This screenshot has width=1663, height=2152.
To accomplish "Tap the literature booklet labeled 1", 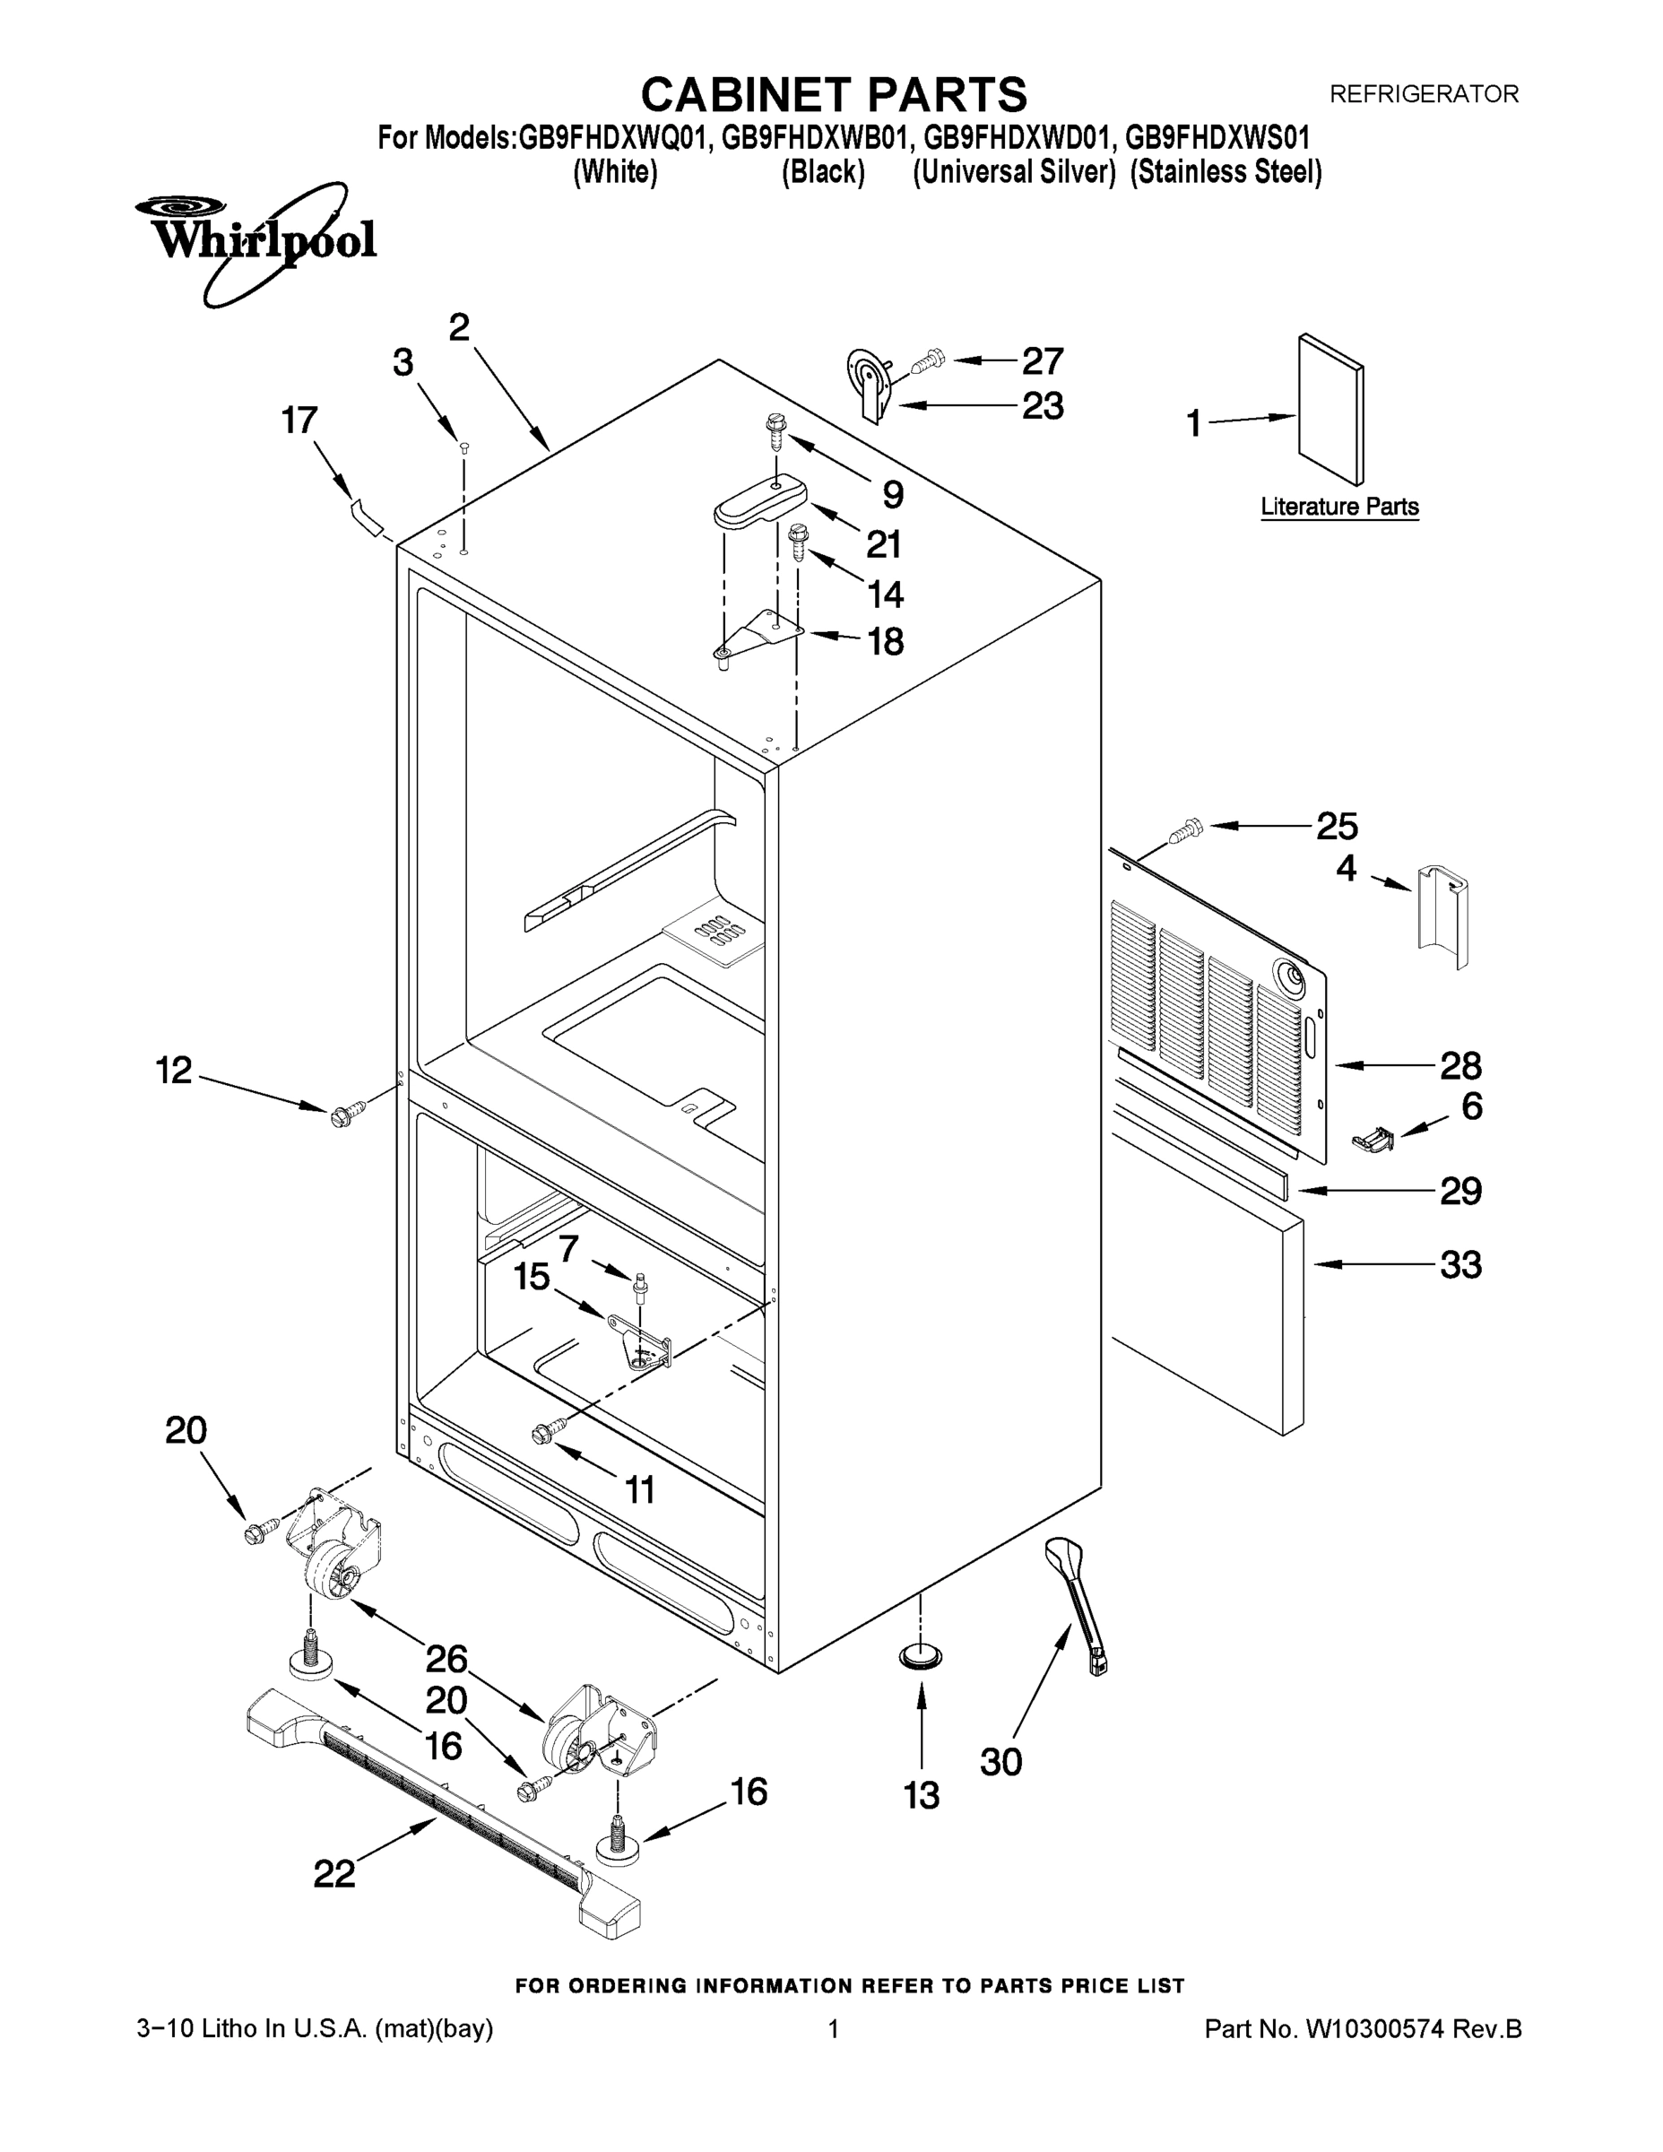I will click(x=1331, y=409).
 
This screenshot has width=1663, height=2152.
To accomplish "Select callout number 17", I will click(x=299, y=421).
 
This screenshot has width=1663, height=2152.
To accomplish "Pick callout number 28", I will click(x=1460, y=1065).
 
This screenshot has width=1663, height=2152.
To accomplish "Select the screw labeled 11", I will click(x=550, y=1430).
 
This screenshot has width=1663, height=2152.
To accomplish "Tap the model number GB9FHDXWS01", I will click(x=1217, y=137).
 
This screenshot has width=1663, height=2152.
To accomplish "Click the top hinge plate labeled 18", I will click(x=758, y=632).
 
